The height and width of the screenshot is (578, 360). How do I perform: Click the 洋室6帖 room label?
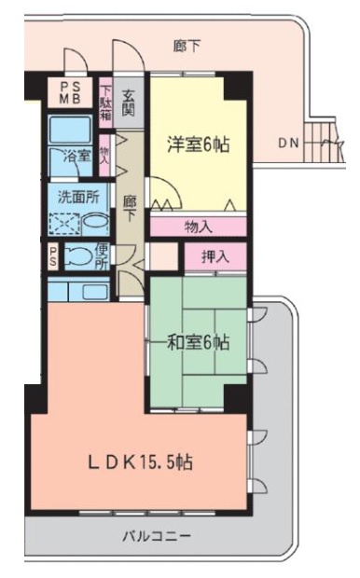click(198, 144)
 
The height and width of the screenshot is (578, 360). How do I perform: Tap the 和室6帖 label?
click(198, 342)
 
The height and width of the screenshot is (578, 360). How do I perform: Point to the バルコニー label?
click(157, 537)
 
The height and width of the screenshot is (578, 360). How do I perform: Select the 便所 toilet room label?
click(102, 255)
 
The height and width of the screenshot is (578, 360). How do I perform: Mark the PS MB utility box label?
click(71, 93)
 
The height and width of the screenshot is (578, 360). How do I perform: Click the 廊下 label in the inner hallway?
click(129, 205)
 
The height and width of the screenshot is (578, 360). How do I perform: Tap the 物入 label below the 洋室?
click(198, 227)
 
